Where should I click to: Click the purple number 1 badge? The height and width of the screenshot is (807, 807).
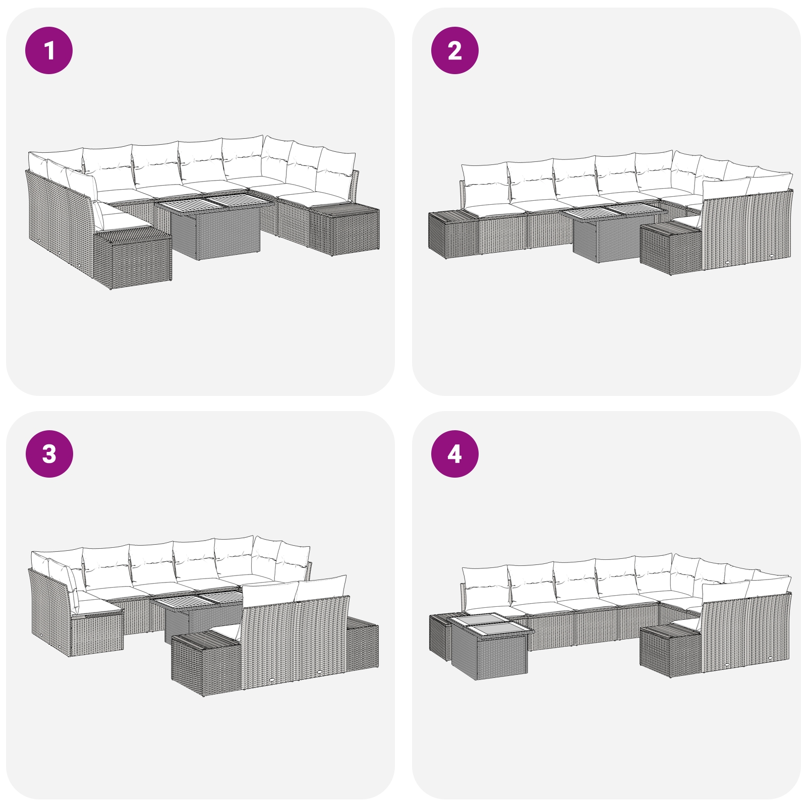[49, 50]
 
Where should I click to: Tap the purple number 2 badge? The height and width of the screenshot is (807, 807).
[454, 50]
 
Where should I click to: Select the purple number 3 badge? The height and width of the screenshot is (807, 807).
[49, 453]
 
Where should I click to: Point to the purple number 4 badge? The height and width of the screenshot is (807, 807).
[454, 453]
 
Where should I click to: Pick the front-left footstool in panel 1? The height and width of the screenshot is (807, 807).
[133, 258]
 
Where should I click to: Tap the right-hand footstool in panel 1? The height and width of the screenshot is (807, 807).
[344, 228]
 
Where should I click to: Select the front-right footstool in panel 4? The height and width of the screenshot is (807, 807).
[671, 651]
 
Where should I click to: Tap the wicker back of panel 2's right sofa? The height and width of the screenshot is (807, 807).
[746, 230]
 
